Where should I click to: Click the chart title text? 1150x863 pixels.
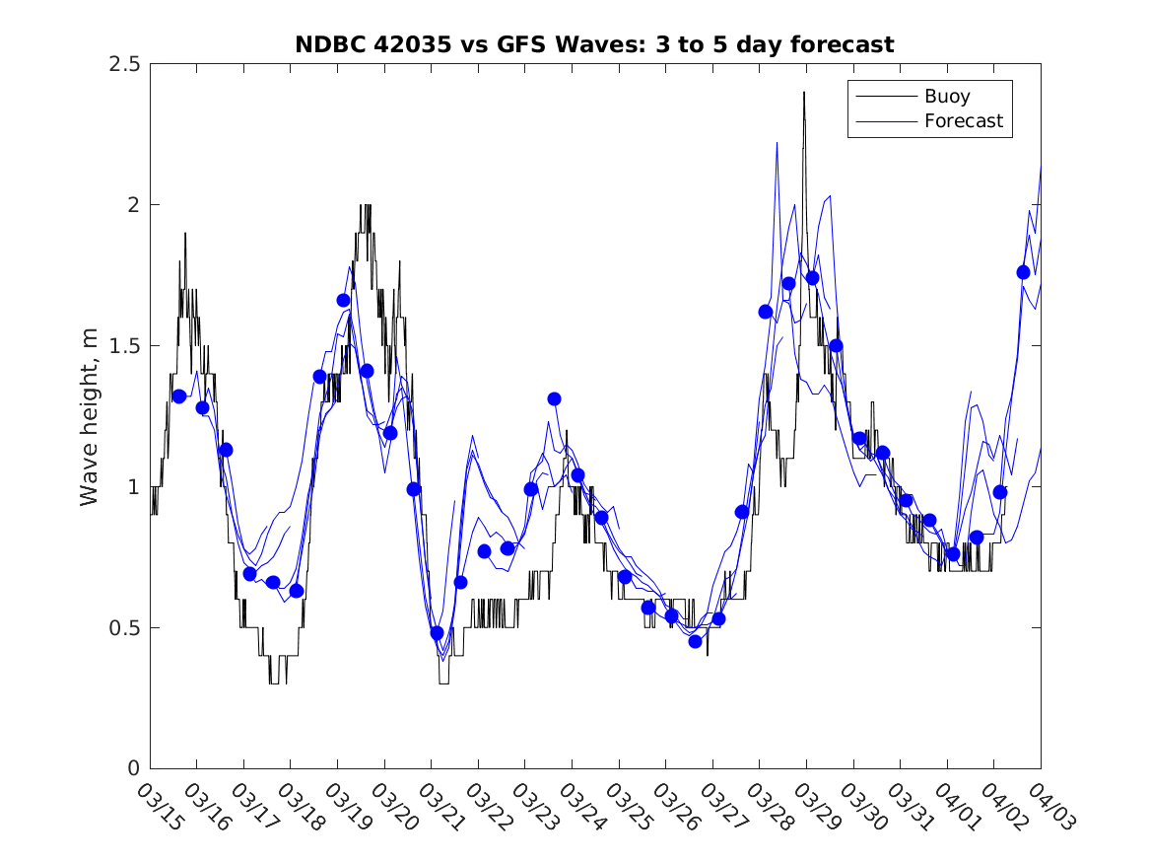click(594, 44)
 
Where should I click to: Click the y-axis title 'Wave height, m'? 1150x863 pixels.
click(90, 416)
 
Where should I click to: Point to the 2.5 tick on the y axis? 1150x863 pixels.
click(124, 64)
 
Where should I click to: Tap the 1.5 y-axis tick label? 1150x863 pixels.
click(124, 346)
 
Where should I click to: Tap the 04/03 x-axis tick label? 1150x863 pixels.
click(1046, 807)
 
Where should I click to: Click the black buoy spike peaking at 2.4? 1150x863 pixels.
click(804, 94)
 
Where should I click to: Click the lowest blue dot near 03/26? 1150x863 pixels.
click(695, 641)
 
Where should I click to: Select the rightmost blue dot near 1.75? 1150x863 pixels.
click(1023, 272)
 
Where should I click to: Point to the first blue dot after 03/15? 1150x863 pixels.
click(179, 396)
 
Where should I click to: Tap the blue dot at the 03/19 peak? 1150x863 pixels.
click(343, 300)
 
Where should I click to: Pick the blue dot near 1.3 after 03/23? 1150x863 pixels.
click(554, 398)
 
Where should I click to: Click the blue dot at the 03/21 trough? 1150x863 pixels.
click(438, 633)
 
